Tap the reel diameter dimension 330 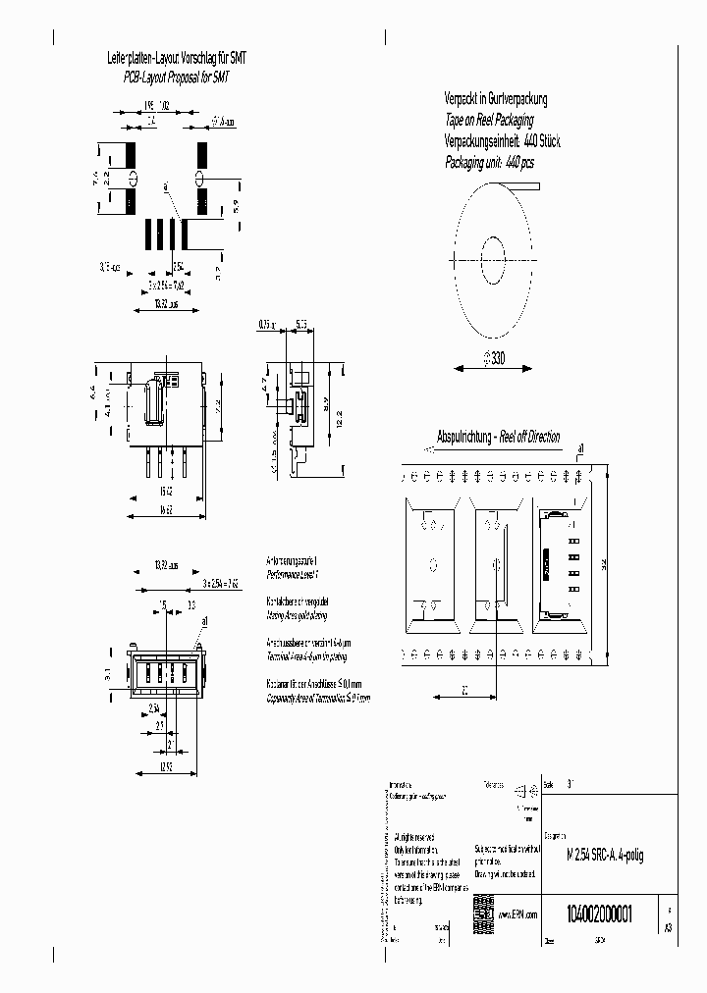(x=493, y=360)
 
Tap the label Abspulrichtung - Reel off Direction (x=498, y=437)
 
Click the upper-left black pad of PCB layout (x=132, y=156)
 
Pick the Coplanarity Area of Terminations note (x=319, y=698)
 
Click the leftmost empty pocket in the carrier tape (x=431, y=563)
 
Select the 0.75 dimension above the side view (x=265, y=323)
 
